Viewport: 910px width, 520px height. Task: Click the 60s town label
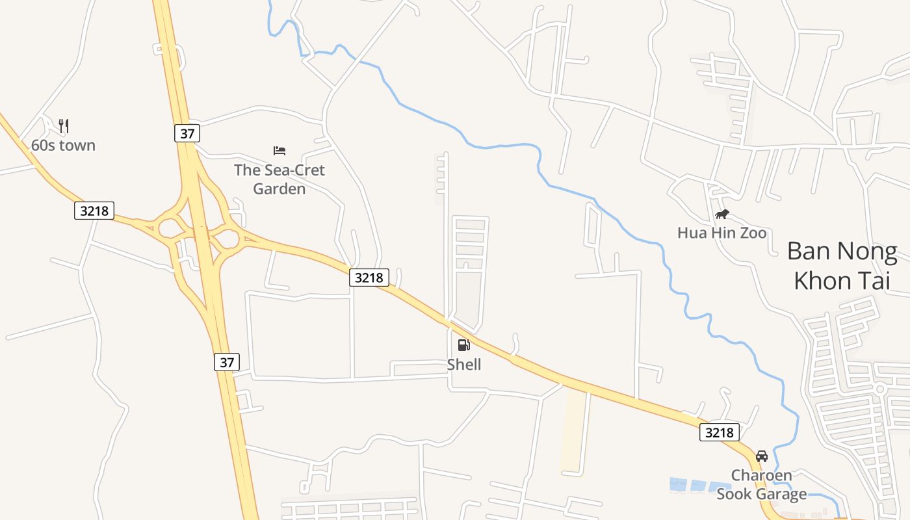(x=63, y=145)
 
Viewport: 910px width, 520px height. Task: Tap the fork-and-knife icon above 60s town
(x=63, y=125)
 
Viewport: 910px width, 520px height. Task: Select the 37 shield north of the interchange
(x=187, y=134)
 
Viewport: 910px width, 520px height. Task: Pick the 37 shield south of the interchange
(x=226, y=362)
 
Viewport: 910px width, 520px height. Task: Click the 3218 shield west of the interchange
(x=94, y=211)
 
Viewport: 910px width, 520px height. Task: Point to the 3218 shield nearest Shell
(x=369, y=278)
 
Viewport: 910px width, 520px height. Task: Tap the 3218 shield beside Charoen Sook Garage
(x=720, y=432)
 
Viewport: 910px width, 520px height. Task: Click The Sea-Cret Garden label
(x=279, y=179)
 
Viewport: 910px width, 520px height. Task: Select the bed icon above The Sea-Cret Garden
(x=279, y=151)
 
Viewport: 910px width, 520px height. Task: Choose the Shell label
(x=464, y=365)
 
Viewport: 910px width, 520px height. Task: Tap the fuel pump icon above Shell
(x=463, y=345)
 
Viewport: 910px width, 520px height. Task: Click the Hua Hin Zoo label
(x=721, y=233)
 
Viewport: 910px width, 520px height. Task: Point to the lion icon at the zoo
(x=721, y=214)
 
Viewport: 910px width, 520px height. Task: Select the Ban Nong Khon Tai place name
(x=842, y=266)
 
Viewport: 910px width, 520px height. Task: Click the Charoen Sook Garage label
(x=762, y=485)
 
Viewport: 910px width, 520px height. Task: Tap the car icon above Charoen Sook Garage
(x=762, y=456)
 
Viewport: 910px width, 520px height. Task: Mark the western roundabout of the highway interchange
(x=170, y=228)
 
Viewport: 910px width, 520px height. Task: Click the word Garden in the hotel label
(x=279, y=189)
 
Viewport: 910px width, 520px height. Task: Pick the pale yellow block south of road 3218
(x=573, y=429)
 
